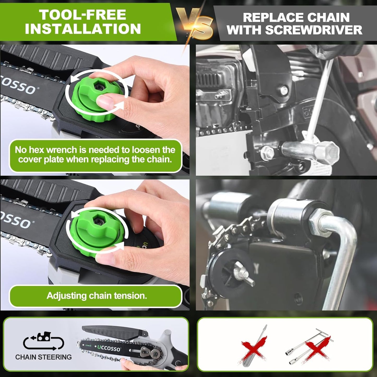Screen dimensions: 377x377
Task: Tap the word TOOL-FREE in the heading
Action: [82, 15]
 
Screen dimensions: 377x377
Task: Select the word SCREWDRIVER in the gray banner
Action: [314, 30]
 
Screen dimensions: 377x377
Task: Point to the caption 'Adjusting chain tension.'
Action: [97, 296]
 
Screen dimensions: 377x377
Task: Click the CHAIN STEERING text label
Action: [43, 357]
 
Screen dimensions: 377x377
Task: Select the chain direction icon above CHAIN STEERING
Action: [43, 341]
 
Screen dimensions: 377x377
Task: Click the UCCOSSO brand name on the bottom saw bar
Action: [109, 348]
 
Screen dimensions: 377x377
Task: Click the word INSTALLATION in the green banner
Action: [83, 29]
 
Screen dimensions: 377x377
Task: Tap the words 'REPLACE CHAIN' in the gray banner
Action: [296, 17]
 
